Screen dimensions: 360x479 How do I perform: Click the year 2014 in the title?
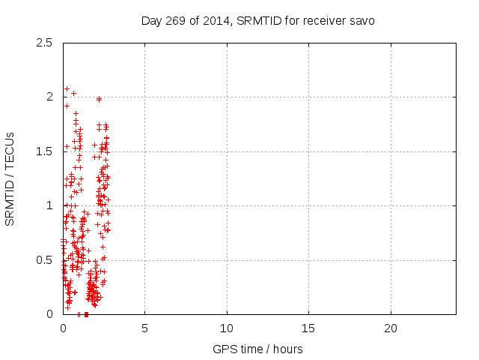(x=217, y=20)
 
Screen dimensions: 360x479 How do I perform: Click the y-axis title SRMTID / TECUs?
(x=10, y=178)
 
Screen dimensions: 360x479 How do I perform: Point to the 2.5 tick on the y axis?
(x=46, y=43)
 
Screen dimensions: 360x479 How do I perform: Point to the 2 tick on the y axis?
(x=50, y=97)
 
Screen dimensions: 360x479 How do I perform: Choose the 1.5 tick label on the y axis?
(x=46, y=151)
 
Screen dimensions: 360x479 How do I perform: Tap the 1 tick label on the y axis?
(x=50, y=205)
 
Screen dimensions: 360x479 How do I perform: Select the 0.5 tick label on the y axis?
(x=46, y=260)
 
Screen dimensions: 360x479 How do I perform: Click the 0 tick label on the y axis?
(x=50, y=314)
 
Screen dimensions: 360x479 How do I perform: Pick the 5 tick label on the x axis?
(x=144, y=328)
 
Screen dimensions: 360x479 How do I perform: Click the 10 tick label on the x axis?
(x=227, y=328)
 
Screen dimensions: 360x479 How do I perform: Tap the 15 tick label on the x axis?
(x=308, y=328)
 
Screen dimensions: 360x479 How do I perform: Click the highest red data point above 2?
(x=67, y=88)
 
